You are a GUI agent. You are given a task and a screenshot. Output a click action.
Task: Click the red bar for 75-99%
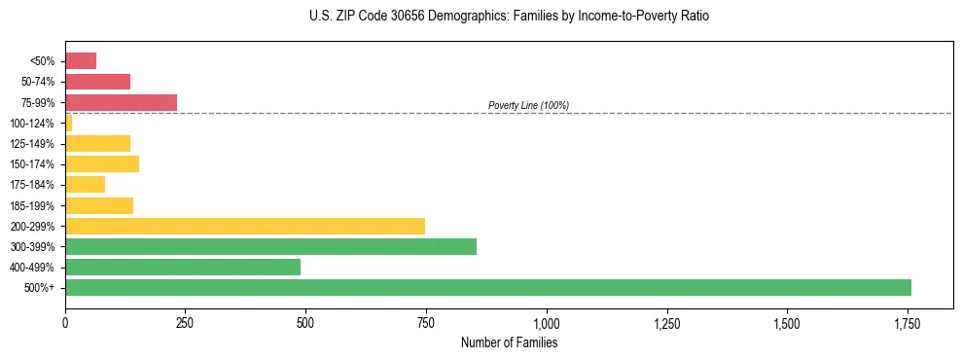(x=121, y=102)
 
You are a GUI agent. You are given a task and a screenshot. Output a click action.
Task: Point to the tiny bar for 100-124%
(x=68, y=123)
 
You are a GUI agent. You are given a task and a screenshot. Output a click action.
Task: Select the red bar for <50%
(x=81, y=60)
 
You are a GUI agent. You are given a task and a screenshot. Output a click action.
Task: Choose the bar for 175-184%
(x=85, y=184)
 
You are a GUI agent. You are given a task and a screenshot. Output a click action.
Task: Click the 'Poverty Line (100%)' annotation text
(x=528, y=105)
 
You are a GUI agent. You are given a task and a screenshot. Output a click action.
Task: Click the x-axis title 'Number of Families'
(x=509, y=342)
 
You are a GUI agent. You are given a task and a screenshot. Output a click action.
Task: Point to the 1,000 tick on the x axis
(x=547, y=322)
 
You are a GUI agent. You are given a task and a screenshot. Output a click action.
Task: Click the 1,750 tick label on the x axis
(x=908, y=322)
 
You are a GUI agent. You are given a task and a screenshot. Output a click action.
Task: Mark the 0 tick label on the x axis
(x=65, y=322)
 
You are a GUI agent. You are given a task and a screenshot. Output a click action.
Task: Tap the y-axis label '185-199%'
(x=34, y=205)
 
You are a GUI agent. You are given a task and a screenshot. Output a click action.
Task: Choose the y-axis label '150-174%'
(x=34, y=164)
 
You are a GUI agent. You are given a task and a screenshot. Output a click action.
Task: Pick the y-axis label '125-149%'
(x=34, y=144)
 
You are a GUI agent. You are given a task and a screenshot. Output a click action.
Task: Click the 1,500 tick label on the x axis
(x=787, y=322)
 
